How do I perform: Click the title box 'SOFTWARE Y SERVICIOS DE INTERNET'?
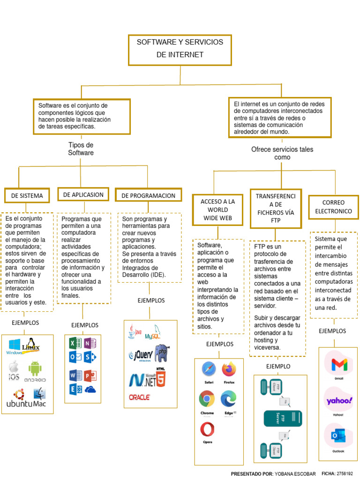(x=180, y=49)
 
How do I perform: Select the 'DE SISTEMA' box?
(x=27, y=195)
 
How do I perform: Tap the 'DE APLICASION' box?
(x=83, y=194)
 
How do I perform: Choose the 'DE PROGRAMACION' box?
(x=148, y=195)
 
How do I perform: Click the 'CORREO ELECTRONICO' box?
(x=333, y=207)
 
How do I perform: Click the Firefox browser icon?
(x=229, y=370)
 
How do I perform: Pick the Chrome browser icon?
(x=207, y=399)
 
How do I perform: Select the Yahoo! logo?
(x=338, y=400)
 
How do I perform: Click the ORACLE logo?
(x=139, y=397)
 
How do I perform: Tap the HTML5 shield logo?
(x=160, y=377)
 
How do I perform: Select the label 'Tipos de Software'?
(x=81, y=149)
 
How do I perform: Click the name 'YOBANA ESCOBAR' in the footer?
(x=295, y=474)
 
